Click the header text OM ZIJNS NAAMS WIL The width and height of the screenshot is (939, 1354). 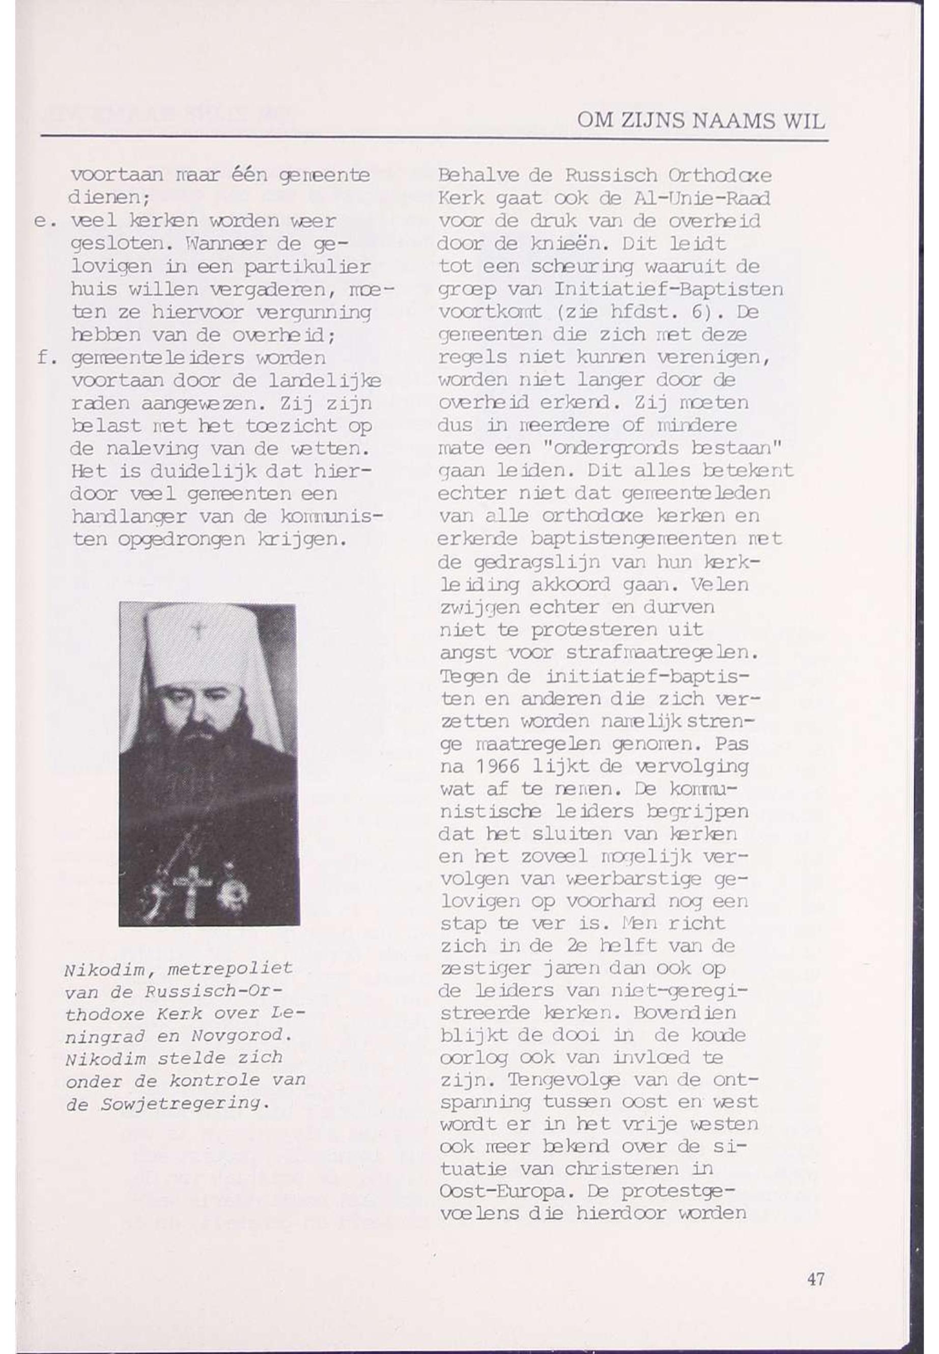point(701,121)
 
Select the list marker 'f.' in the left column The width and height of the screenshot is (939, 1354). point(45,358)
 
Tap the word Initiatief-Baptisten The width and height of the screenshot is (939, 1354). point(668,290)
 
